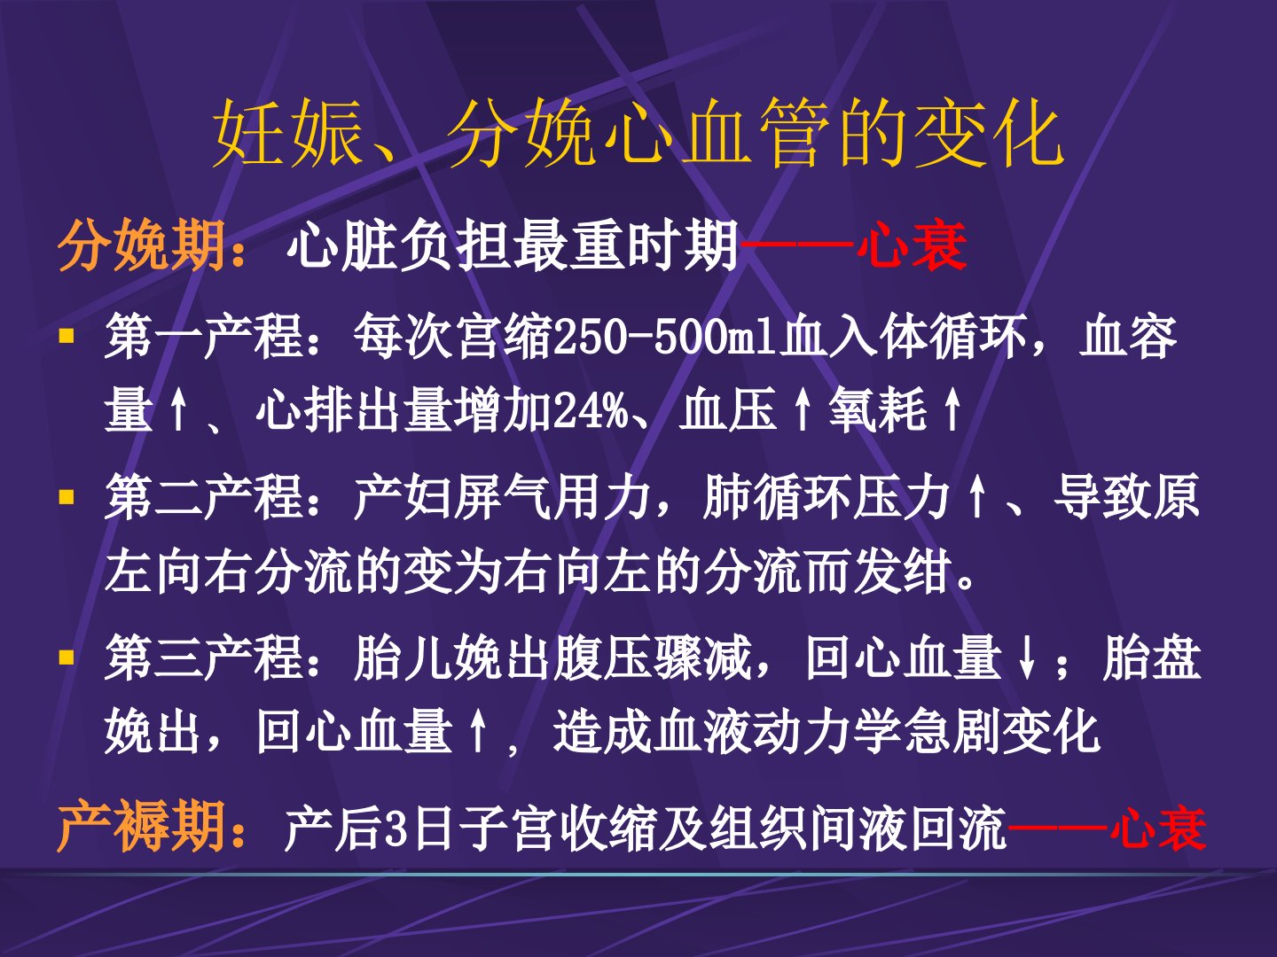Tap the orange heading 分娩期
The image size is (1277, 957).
142,245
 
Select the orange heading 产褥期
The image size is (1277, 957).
142,826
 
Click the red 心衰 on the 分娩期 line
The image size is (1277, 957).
912,245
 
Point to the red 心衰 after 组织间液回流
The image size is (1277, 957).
1158,828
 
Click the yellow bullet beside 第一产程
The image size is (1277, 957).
67,336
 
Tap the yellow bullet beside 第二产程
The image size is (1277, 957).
67,497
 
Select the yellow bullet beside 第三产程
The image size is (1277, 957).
67,657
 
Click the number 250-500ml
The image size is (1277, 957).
665,337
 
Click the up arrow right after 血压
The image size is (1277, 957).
803,409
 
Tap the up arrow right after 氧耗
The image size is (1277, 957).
952,409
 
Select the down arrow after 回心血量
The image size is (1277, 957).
1028,658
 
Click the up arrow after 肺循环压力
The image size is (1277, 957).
977,497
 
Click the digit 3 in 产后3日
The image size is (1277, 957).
396,829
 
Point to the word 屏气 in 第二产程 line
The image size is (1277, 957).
502,497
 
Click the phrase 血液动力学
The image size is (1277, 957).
778,731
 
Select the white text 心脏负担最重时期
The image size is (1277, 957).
513,245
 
